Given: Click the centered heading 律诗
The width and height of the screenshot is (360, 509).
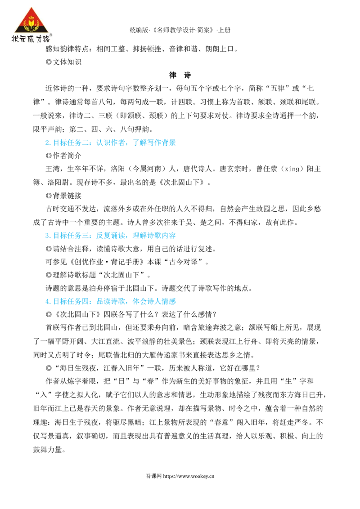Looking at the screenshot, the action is pos(180,75).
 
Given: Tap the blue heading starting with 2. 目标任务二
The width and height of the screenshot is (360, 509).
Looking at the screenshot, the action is pos(110,143).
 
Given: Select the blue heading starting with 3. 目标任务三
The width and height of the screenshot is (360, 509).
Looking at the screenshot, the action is pos(110,236).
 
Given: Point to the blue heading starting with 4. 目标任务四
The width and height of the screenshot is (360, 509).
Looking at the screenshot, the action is pos(110,302).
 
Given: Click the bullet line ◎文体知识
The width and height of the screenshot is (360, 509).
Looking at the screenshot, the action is pos(63,62).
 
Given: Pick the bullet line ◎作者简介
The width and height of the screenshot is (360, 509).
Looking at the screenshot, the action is pos(63,156).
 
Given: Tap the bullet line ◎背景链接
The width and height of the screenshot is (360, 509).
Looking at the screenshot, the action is pos(63,196).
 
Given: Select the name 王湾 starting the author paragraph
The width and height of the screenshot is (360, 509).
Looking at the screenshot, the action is pos(53,169).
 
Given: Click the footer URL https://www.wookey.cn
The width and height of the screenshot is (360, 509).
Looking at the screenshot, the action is pos(189,476).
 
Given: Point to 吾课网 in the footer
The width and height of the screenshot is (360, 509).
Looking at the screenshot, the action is pos(153,476).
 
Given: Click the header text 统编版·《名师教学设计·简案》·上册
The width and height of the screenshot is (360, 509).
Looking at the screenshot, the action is pos(180,30).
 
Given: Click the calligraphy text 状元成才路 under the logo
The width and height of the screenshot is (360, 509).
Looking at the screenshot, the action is pos(31,38).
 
